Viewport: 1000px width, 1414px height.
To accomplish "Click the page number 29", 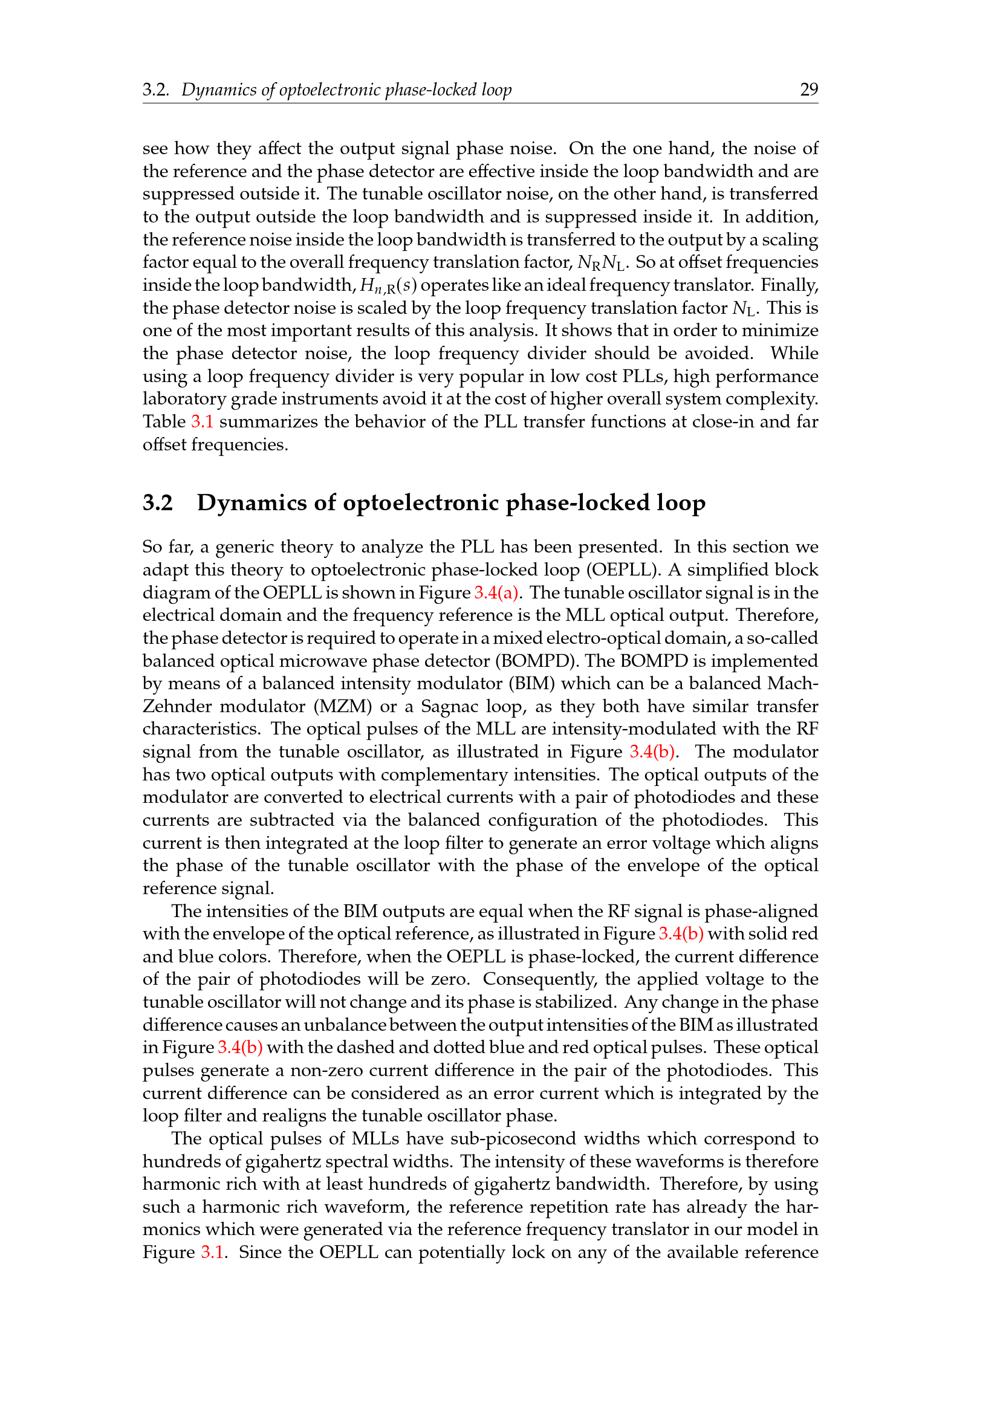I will point(809,90).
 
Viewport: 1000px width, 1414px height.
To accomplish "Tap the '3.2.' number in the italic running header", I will point(155,90).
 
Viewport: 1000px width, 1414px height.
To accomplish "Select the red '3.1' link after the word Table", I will point(202,421).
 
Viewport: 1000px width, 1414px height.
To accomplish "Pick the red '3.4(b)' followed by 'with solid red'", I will point(679,933).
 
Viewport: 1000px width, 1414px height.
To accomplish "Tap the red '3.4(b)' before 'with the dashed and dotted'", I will point(240,1047).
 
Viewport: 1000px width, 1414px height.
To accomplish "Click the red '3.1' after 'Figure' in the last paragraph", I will point(213,1252).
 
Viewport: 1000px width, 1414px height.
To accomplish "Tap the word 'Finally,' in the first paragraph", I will point(790,285).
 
